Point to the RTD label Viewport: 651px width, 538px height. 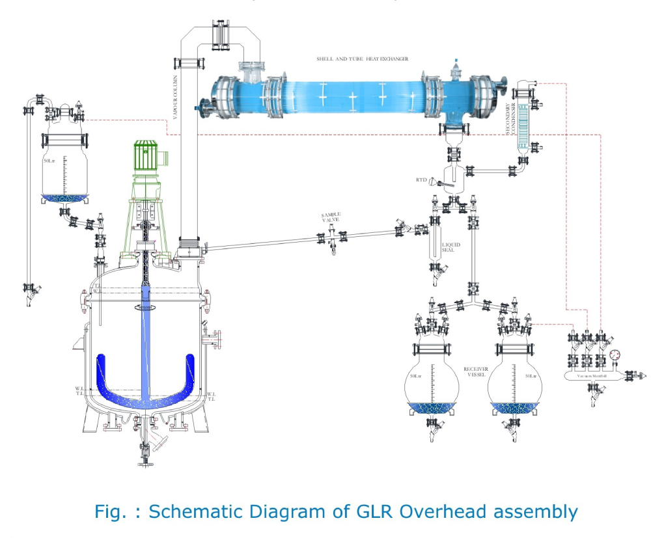coord(421,180)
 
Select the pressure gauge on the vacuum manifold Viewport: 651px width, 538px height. coord(616,355)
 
